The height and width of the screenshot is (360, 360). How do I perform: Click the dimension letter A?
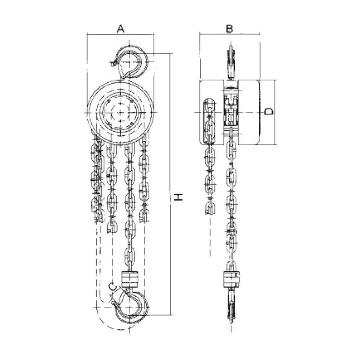click(x=120, y=29)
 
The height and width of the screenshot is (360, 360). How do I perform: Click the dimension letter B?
click(x=229, y=29)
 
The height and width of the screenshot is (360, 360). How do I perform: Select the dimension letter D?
click(x=268, y=111)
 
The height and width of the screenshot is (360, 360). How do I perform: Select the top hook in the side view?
click(x=231, y=62)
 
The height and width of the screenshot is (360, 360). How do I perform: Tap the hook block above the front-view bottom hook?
click(x=129, y=279)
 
